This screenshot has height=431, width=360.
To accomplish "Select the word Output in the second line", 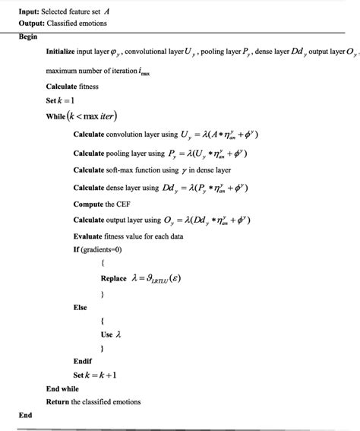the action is [33, 23].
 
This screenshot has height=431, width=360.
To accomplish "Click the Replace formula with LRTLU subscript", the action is [151, 278].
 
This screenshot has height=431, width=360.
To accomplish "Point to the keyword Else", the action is [80, 307].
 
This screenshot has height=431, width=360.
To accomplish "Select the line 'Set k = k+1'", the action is [94, 375].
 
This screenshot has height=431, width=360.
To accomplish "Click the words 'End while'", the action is [62, 388].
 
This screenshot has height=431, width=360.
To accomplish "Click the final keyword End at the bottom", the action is [26, 415].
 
